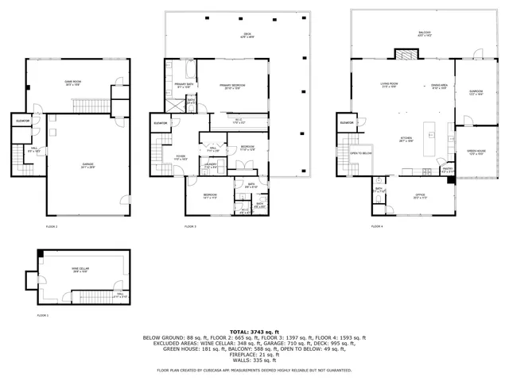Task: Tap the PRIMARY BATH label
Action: (182, 86)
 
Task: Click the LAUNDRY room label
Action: (212, 167)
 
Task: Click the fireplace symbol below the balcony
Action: (405, 55)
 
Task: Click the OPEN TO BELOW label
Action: (361, 154)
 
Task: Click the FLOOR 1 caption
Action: (43, 315)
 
